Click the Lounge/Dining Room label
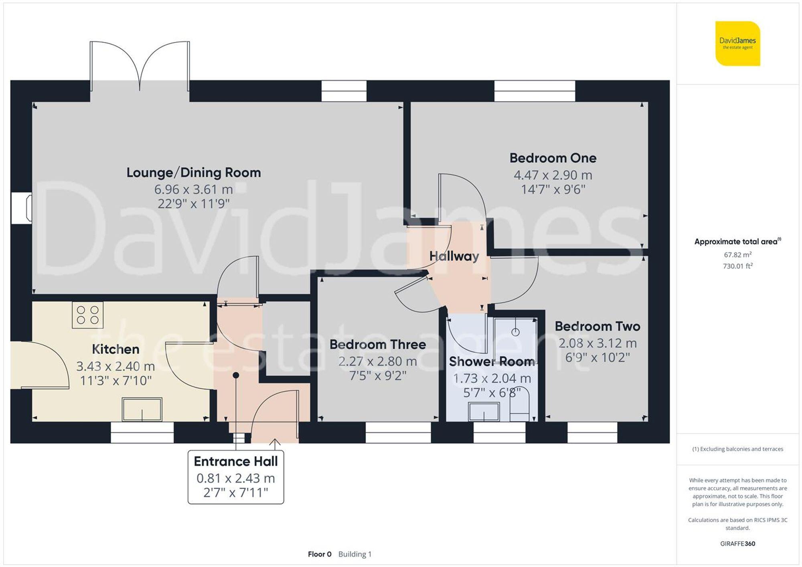(x=194, y=173)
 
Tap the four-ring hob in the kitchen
(x=87, y=315)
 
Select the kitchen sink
(x=142, y=409)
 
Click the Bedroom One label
(x=553, y=158)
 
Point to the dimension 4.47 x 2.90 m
(x=553, y=175)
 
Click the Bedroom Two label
(x=597, y=327)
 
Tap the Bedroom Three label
(x=377, y=345)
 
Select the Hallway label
(x=454, y=256)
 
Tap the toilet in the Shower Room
(x=519, y=407)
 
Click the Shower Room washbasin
(x=484, y=412)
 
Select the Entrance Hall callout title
(x=236, y=462)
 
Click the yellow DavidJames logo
(x=737, y=44)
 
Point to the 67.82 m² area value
(x=737, y=255)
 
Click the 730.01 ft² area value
(x=737, y=266)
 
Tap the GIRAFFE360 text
(x=737, y=544)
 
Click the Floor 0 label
(x=320, y=554)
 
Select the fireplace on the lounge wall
(x=22, y=208)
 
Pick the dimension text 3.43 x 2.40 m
(x=115, y=366)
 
